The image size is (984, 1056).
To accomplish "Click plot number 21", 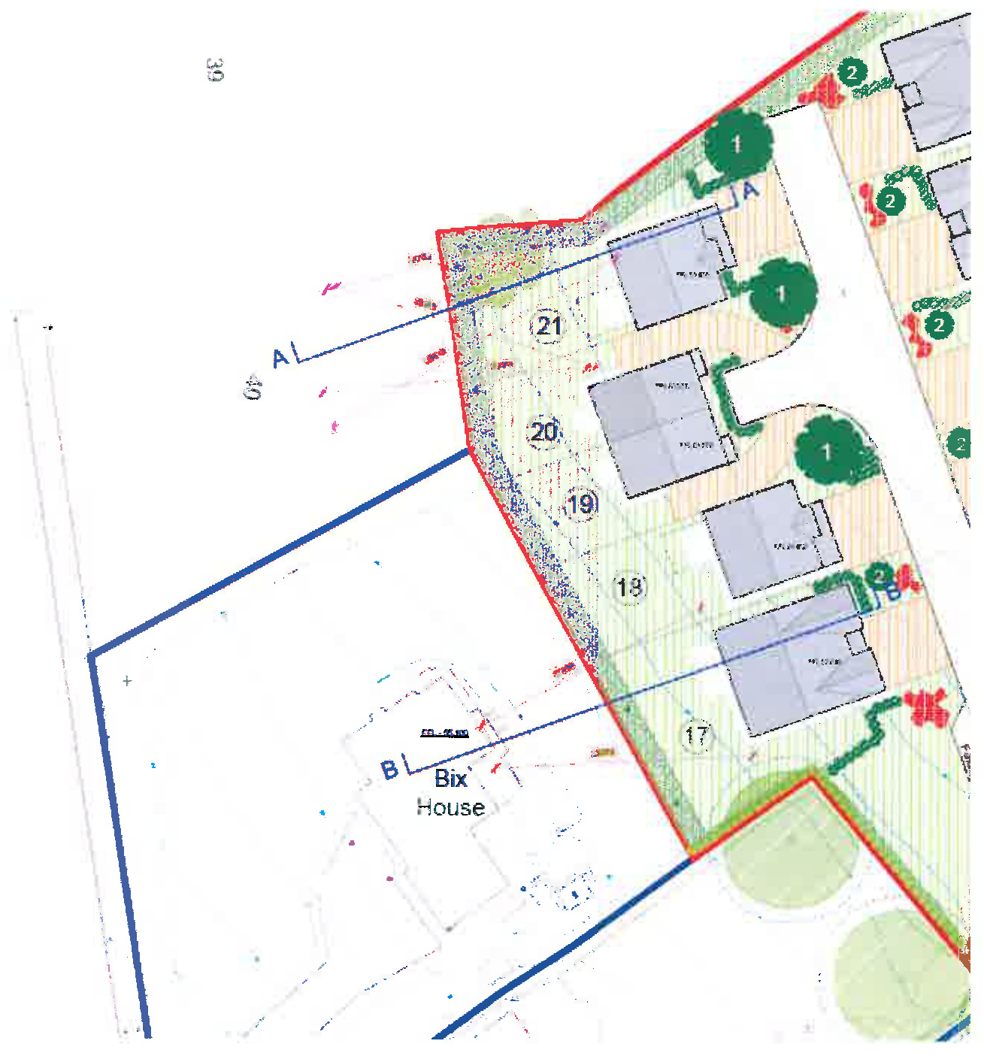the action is click(548, 326).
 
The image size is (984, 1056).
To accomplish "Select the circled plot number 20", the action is click(544, 432).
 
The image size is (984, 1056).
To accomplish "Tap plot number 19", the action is click(581, 504).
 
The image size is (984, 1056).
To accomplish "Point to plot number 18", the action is click(629, 586).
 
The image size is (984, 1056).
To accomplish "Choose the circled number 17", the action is click(696, 734).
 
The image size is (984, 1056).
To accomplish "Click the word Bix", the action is click(450, 779).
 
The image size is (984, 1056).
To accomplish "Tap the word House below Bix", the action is click(450, 807).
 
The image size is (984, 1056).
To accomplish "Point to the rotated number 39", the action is click(214, 70).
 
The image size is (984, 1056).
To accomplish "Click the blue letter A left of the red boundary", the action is click(280, 358).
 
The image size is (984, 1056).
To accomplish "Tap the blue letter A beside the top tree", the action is click(750, 190).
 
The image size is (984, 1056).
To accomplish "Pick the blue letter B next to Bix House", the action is click(389, 770).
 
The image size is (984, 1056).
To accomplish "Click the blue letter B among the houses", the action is click(892, 592).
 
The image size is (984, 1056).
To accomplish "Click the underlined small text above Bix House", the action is click(444, 733).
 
